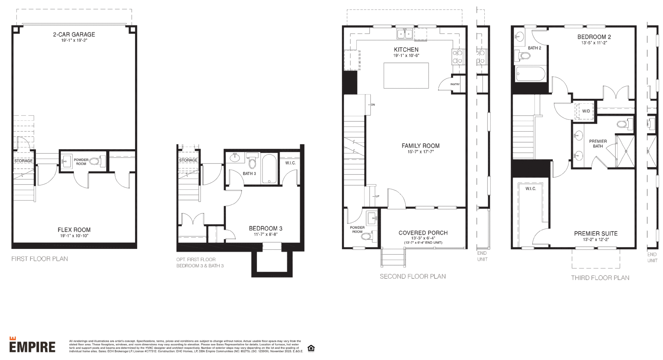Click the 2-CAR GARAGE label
pyautogui.click(x=74, y=34)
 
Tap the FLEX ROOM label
pyautogui.click(x=74, y=230)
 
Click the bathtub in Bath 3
pyautogui.click(x=269, y=168)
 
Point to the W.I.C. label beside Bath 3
pyautogui.click(x=290, y=163)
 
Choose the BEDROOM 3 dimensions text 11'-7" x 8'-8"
pyautogui.click(x=265, y=234)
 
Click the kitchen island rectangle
pyautogui.click(x=406, y=75)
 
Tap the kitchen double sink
pyautogui.click(x=405, y=33)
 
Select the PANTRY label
pyautogui.click(x=455, y=84)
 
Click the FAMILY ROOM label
pyautogui.click(x=421, y=146)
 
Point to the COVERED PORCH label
pyautogui.click(x=423, y=233)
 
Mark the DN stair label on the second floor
pyautogui.click(x=373, y=105)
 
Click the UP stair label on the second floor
pyautogui.click(x=377, y=196)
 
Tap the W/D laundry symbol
pyautogui.click(x=586, y=111)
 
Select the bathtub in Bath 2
pyautogui.click(x=530, y=74)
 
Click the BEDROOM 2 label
pyautogui.click(x=594, y=37)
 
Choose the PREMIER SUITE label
pyautogui.click(x=596, y=233)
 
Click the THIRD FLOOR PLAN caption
pyautogui.click(x=600, y=278)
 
